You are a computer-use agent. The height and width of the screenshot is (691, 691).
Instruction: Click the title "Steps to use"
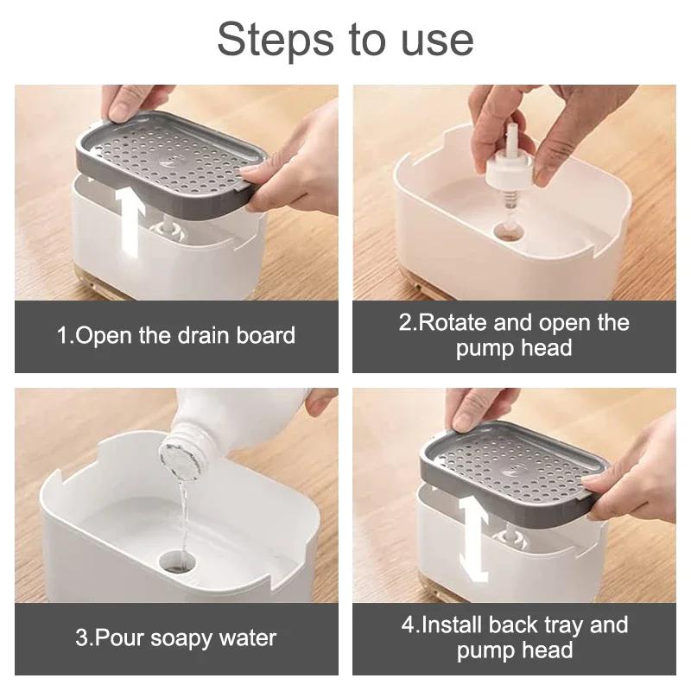pyautogui.click(x=345, y=40)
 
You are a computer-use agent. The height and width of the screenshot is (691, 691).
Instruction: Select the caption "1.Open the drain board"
pyautogui.click(x=176, y=335)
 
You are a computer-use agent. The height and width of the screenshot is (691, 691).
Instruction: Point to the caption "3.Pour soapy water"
pyautogui.click(x=176, y=638)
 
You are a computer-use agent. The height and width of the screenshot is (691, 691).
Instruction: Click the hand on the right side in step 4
pyautogui.click(x=635, y=471)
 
